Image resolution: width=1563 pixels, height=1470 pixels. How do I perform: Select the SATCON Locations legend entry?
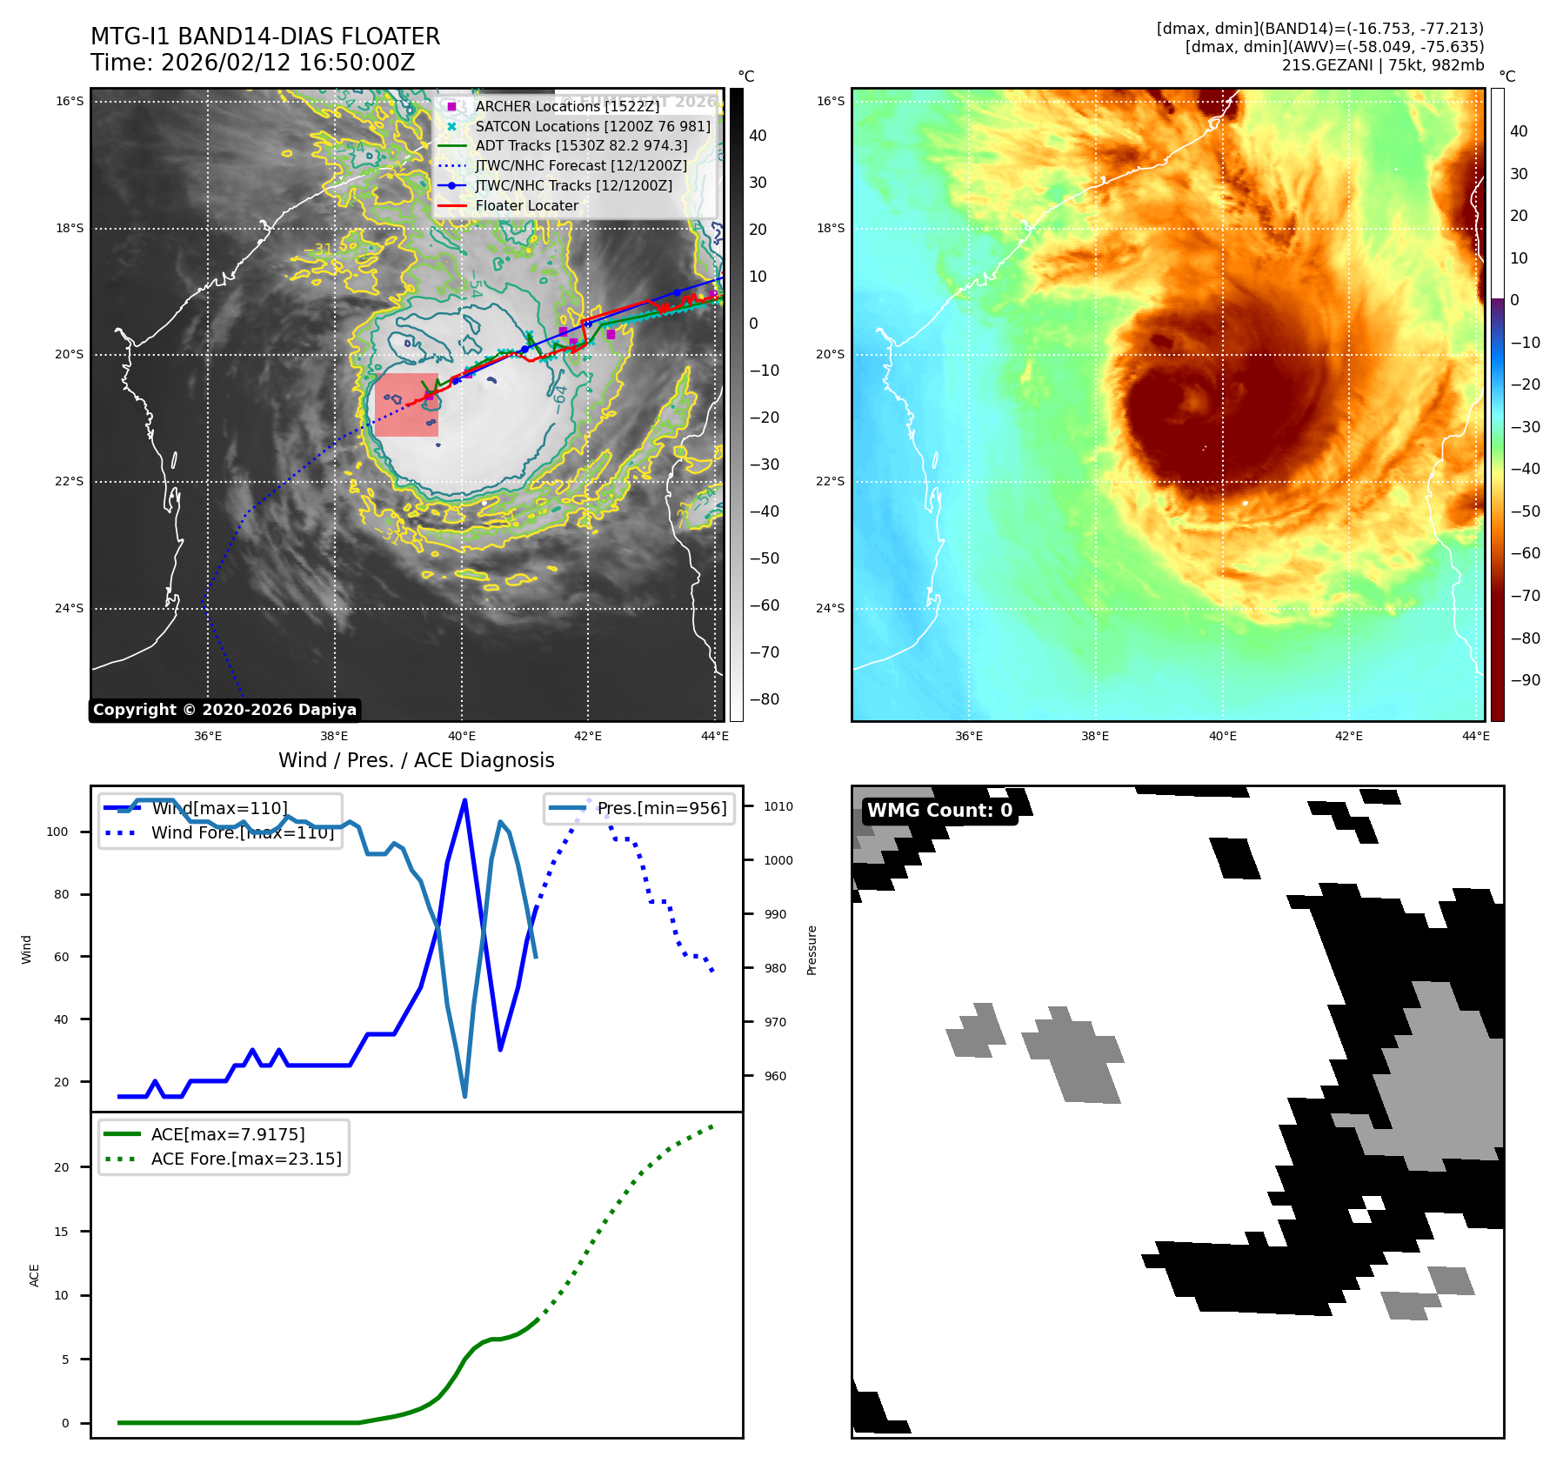pyautogui.click(x=592, y=126)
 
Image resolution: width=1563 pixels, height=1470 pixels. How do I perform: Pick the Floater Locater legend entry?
pyautogui.click(x=526, y=206)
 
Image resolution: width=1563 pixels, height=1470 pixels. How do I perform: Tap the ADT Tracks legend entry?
pyautogui.click(x=581, y=146)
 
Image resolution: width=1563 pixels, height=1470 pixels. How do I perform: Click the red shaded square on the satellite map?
pyautogui.click(x=406, y=404)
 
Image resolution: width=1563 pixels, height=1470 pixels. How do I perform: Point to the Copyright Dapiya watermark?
pyautogui.click(x=224, y=710)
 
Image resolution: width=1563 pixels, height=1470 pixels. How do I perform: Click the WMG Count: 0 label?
pyautogui.click(x=939, y=811)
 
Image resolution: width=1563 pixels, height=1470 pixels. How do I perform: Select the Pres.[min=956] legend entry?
pyautogui.click(x=661, y=808)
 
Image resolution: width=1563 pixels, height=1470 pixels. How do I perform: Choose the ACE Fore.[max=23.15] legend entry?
pyautogui.click(x=246, y=1159)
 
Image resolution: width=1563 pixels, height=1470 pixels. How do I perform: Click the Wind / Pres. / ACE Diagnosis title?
pyautogui.click(x=416, y=760)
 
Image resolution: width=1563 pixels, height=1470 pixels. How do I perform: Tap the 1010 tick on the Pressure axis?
pyautogui.click(x=778, y=806)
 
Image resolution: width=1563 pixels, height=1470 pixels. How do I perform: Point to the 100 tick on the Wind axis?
pyautogui.click(x=57, y=832)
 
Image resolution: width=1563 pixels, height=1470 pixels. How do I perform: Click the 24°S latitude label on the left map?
pyautogui.click(x=70, y=608)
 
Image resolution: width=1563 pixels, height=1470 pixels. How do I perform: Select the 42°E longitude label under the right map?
pyautogui.click(x=1349, y=736)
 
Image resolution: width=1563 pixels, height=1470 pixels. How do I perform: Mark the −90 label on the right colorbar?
pyautogui.click(x=1525, y=680)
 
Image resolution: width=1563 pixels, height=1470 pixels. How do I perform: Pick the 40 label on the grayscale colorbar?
pyautogui.click(x=758, y=136)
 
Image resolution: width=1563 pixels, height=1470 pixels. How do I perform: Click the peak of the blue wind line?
pyautogui.click(x=465, y=799)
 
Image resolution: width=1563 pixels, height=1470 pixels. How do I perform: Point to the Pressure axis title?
pyautogui.click(x=812, y=950)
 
